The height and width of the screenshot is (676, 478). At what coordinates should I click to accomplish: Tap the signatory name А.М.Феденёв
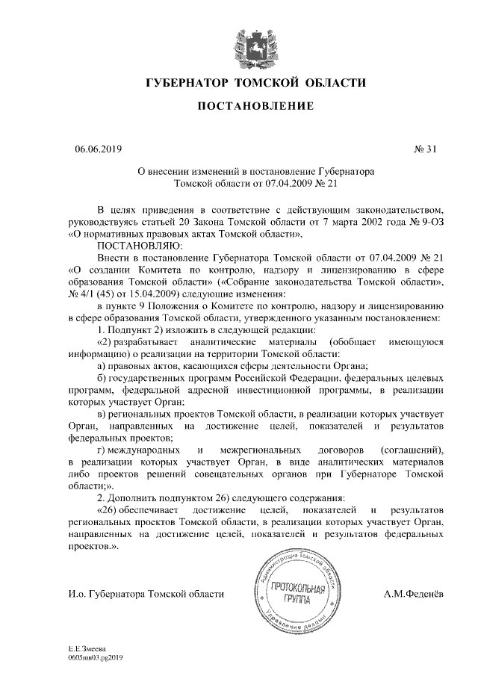pos(413,593)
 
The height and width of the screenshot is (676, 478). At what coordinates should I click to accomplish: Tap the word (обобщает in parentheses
pos(353,341)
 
